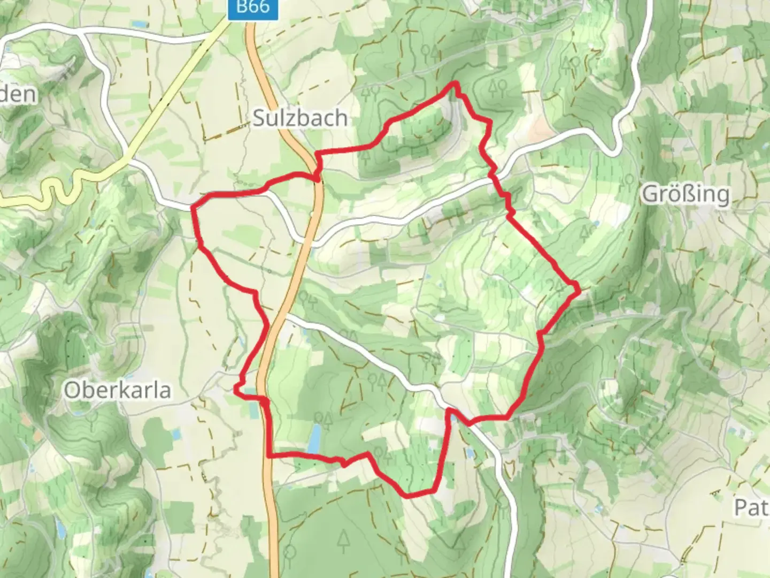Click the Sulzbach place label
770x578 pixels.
pos(299,118)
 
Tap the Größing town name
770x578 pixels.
pos(686,194)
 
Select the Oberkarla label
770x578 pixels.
pos(118,390)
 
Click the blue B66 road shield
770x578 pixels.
pos(253,7)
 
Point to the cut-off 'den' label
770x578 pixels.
pos(18,94)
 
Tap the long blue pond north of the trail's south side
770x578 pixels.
pos(315,438)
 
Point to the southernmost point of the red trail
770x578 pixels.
pos(409,496)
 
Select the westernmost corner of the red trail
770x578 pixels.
pos(192,208)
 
